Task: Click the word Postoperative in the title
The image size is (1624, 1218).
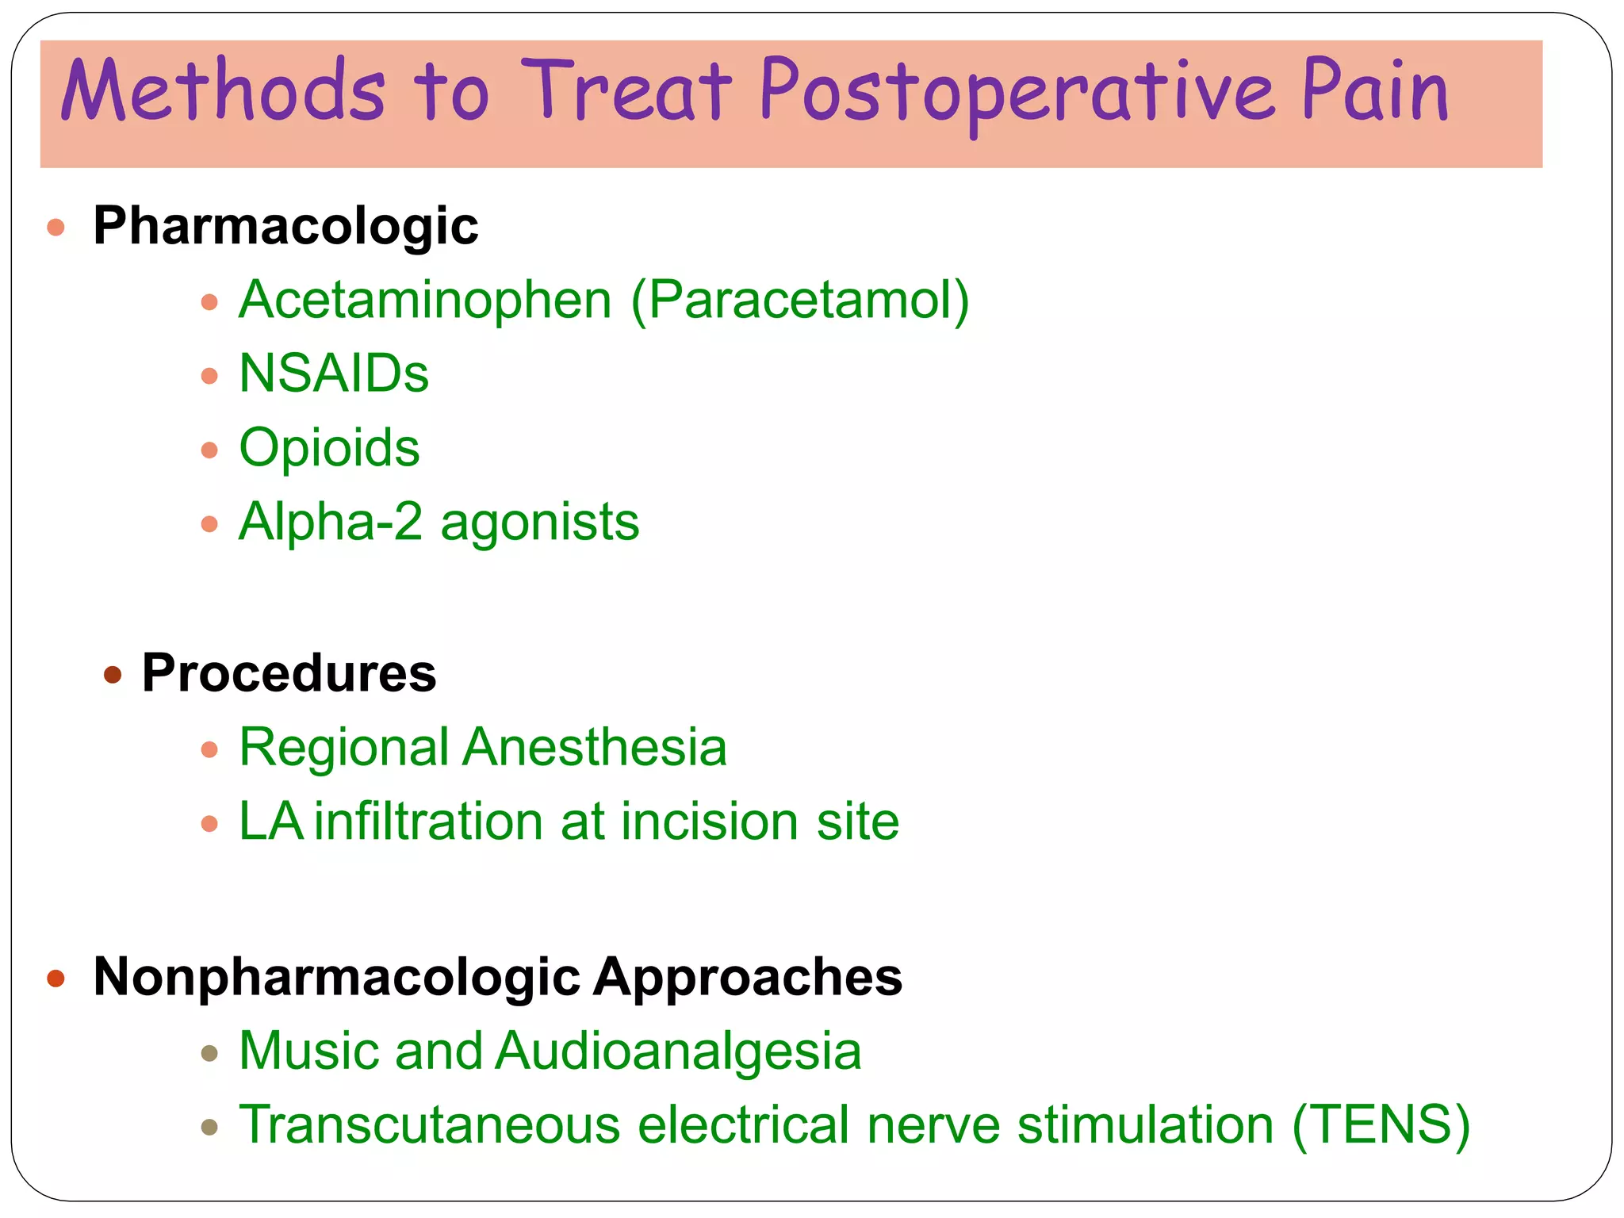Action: (x=1017, y=94)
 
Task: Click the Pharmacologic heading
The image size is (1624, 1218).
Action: (x=285, y=226)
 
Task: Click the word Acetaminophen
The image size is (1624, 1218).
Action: (x=425, y=301)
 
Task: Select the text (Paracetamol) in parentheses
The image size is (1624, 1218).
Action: (x=800, y=301)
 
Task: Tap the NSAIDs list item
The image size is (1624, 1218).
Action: (x=334, y=373)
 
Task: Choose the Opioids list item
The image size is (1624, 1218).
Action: (x=329, y=448)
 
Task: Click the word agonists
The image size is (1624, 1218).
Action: (x=539, y=523)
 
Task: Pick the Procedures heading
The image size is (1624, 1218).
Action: (x=289, y=673)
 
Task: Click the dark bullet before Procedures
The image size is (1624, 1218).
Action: (x=113, y=675)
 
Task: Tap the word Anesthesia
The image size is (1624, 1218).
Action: (x=595, y=747)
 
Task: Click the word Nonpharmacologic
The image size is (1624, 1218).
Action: (x=337, y=976)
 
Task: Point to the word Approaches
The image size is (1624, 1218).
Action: (x=748, y=976)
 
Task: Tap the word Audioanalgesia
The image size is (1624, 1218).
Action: (x=679, y=1051)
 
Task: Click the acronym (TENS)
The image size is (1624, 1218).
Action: (x=1381, y=1124)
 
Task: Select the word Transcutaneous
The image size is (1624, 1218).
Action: (x=429, y=1124)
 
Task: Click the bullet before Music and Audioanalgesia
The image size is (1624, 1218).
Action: (x=209, y=1054)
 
